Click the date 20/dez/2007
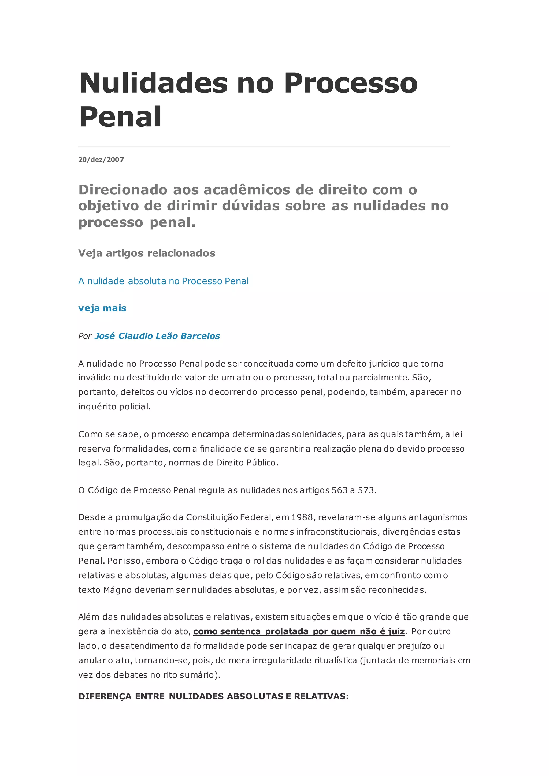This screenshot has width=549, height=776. (101, 159)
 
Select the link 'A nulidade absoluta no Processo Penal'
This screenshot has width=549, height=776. (163, 281)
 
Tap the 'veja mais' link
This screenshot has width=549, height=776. (102, 308)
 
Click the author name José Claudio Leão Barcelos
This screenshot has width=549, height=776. (157, 336)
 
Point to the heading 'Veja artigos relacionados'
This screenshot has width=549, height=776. (146, 253)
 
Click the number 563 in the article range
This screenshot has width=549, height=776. (339, 490)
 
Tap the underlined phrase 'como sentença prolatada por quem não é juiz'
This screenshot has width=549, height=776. (299, 631)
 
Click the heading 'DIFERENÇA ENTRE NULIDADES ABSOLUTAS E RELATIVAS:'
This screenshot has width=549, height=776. (213, 697)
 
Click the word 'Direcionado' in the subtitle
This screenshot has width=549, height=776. (123, 190)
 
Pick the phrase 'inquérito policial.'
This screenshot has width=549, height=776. (114, 406)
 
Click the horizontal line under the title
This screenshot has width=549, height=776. (264, 147)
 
